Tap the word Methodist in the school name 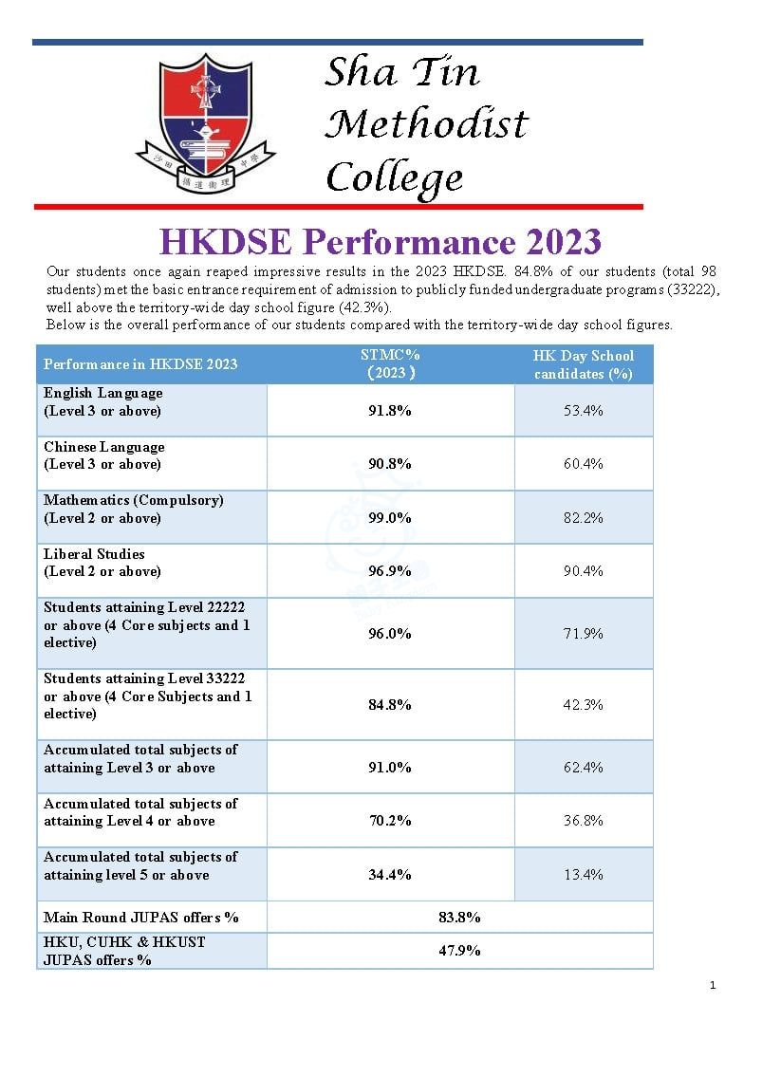(426, 124)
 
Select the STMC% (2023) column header (390, 363)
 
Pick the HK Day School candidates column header (583, 364)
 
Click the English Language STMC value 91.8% (390, 410)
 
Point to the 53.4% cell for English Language (583, 410)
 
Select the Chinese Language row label (104, 455)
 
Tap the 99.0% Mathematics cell (390, 517)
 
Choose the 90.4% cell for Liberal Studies (583, 571)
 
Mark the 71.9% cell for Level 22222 (583, 633)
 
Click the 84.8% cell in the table (390, 704)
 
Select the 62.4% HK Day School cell (583, 767)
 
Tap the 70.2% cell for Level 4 (390, 821)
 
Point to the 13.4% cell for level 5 (583, 874)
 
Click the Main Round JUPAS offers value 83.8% (459, 917)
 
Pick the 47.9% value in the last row (459, 950)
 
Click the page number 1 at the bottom (713, 986)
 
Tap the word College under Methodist (394, 177)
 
